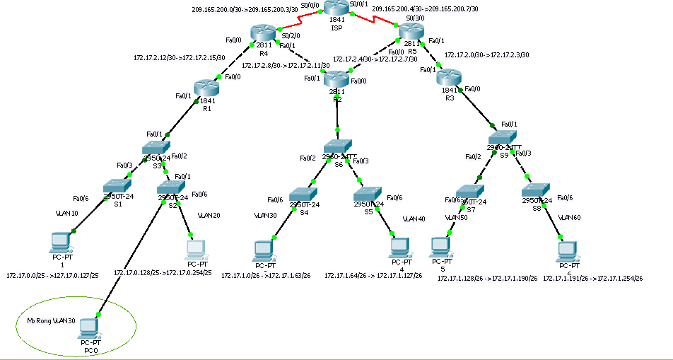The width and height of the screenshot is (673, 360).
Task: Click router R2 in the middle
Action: point(336,79)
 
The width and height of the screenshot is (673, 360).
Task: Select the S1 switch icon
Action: point(114,185)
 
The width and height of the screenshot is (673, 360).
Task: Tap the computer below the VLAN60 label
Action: point(566,250)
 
